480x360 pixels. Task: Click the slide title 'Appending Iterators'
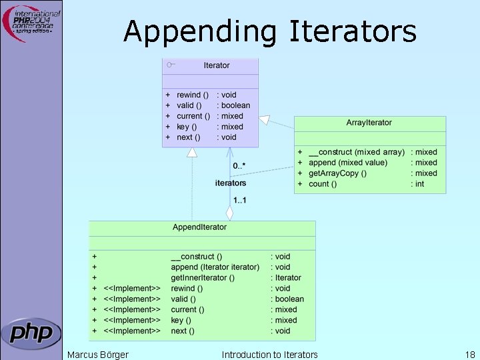point(269,31)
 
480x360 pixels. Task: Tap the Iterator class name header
point(217,65)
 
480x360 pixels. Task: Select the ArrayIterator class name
point(369,123)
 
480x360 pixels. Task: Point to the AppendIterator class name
point(199,227)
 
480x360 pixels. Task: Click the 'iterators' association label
point(231,183)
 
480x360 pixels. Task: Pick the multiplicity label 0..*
point(239,165)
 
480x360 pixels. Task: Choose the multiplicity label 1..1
point(239,199)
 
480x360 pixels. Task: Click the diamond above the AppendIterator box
point(229,213)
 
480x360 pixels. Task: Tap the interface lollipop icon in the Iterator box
point(171,65)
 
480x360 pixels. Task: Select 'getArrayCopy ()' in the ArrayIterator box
point(336,173)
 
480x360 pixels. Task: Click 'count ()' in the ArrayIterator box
point(323,184)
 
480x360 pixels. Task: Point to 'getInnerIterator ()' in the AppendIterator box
point(203,278)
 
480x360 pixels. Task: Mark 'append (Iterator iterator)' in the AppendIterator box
point(215,267)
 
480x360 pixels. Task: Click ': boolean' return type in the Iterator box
point(233,105)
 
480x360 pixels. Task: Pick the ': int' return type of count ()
point(417,184)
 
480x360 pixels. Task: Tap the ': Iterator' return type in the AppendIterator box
point(285,278)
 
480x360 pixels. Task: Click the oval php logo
point(31,332)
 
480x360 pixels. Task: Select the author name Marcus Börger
point(98,354)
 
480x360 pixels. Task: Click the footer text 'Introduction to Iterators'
point(269,354)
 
